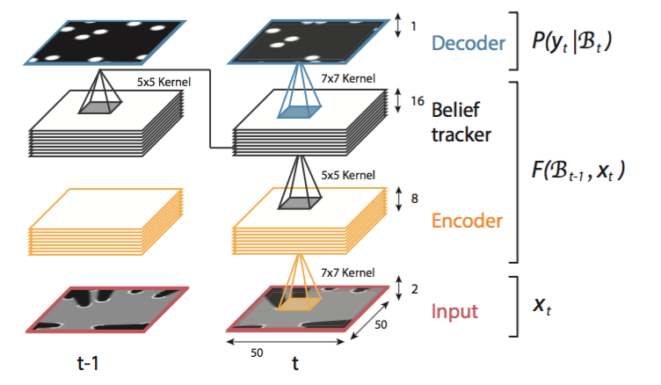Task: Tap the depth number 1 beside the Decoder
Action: pos(414,27)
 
